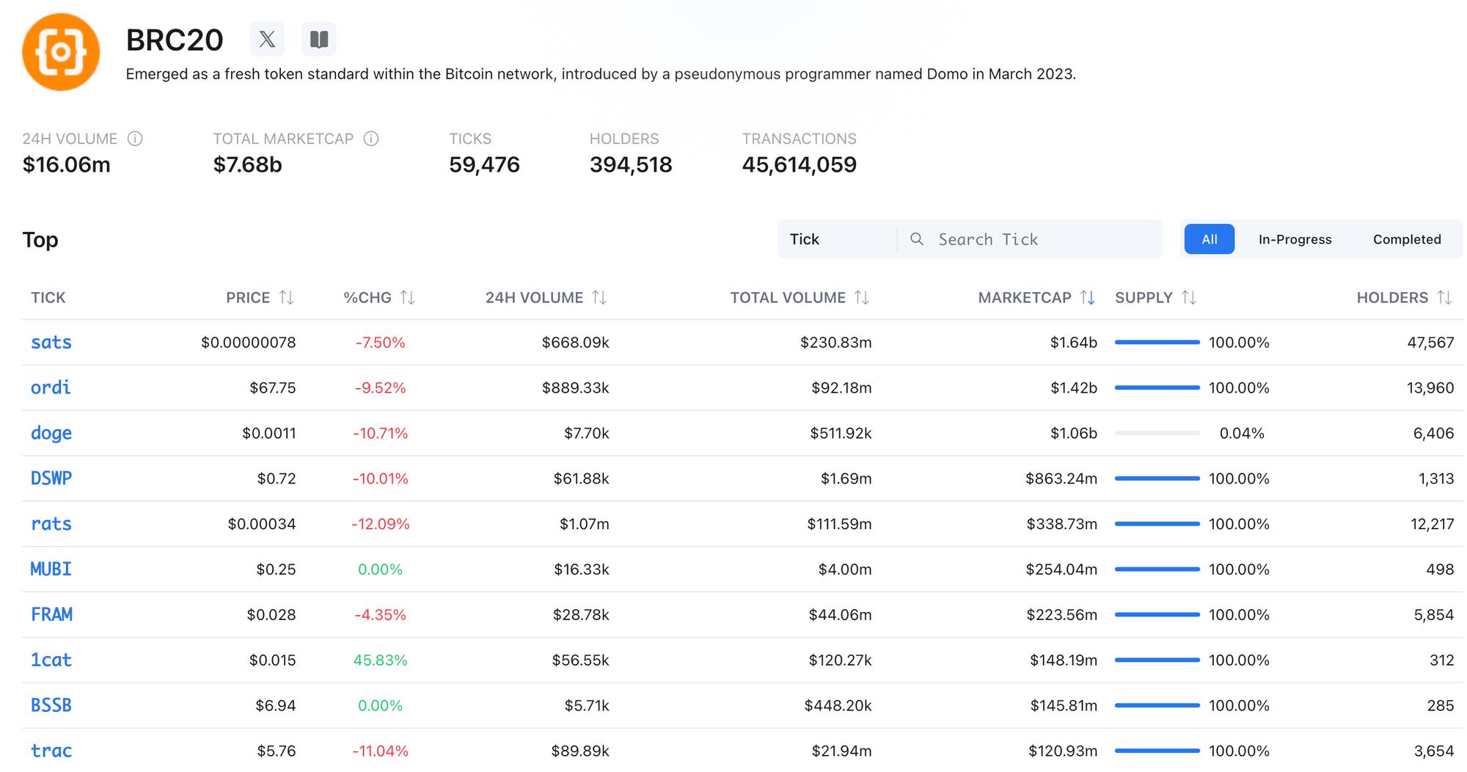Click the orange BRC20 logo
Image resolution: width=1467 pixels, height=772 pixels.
pos(61,52)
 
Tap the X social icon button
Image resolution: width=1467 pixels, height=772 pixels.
pos(267,39)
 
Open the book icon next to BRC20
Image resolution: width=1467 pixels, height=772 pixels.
pos(319,39)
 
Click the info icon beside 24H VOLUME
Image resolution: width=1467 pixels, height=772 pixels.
pos(135,139)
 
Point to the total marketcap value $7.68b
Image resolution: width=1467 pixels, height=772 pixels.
pos(247,164)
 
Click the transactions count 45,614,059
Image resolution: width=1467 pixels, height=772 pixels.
pos(799,164)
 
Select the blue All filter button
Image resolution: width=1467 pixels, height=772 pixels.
pos(1209,239)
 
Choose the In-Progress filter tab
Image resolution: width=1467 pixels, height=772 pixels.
pos(1295,239)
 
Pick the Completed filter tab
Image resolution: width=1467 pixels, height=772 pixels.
pos(1406,239)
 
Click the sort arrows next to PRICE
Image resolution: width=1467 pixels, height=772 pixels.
pos(287,297)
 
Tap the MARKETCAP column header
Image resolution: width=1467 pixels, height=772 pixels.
pos(1024,297)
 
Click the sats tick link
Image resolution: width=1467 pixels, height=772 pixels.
pos(51,342)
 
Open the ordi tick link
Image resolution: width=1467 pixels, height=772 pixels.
pos(51,387)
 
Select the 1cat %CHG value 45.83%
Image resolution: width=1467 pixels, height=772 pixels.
pos(380,660)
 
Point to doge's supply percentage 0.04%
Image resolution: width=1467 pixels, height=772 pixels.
pos(1241,433)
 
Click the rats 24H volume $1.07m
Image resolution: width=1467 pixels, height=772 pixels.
pos(584,524)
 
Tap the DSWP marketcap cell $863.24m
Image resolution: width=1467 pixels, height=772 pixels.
pos(1061,478)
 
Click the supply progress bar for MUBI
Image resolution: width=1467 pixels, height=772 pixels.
pos(1157,569)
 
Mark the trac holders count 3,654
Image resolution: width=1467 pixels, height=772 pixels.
pos(1433,751)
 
